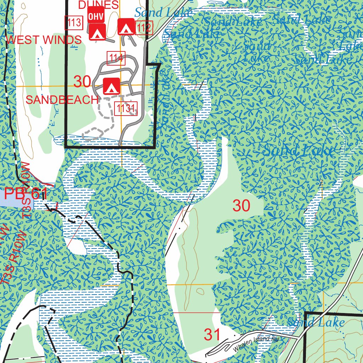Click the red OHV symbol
[96, 16]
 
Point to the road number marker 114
[116, 58]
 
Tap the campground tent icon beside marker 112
[125, 27]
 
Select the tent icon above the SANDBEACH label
[111, 86]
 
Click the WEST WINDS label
[44, 40]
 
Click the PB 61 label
[26, 194]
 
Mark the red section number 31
[212, 334]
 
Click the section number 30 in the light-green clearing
[241, 206]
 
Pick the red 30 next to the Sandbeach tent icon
[82, 82]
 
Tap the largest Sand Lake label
[300, 151]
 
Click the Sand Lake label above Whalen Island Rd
[315, 322]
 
